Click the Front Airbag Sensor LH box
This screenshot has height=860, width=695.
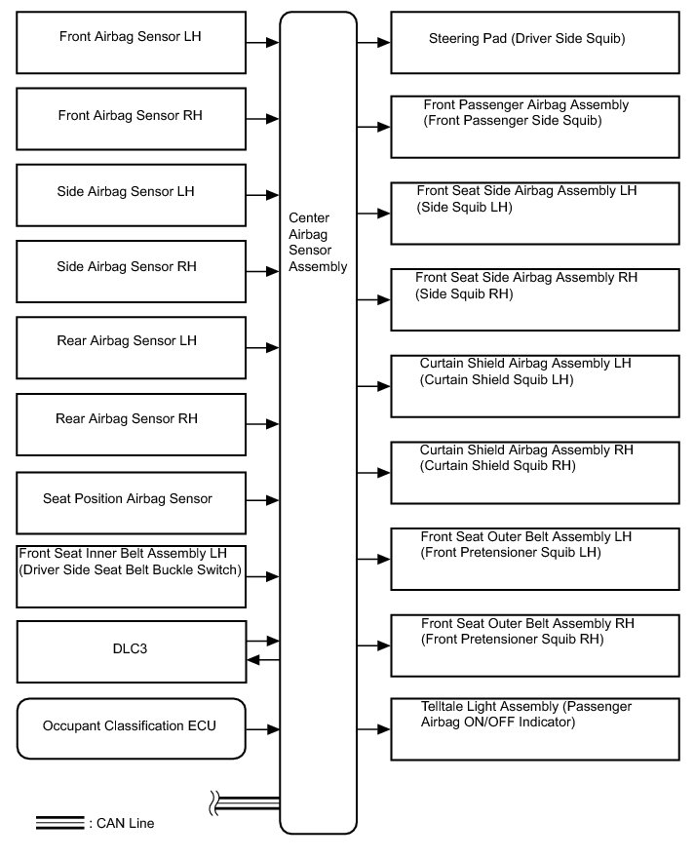[132, 43]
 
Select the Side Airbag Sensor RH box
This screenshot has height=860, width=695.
[132, 268]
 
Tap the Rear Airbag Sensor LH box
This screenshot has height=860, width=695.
[132, 344]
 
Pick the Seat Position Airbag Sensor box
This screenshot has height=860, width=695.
[132, 499]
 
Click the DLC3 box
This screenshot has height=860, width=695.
[132, 651]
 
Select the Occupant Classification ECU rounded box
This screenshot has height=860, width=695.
[132, 727]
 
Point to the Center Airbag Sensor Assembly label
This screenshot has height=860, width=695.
[318, 244]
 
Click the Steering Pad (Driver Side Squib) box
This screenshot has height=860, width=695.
[535, 43]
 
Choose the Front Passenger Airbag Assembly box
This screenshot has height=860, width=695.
[535, 127]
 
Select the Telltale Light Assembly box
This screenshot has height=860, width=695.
[535, 727]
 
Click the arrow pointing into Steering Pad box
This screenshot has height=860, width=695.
[373, 43]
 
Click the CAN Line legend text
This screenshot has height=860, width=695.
[122, 824]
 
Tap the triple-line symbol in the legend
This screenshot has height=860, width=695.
[60, 823]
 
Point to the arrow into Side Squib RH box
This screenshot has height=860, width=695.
[373, 299]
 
